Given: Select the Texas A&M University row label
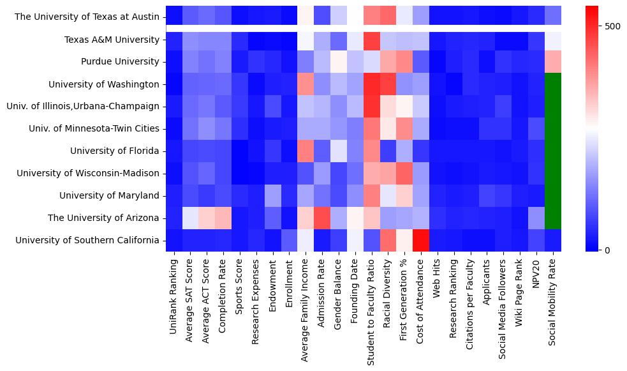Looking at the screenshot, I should [112, 40].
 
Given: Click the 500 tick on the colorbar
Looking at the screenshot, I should [612, 26].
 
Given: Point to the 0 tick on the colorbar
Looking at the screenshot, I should [607, 250].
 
